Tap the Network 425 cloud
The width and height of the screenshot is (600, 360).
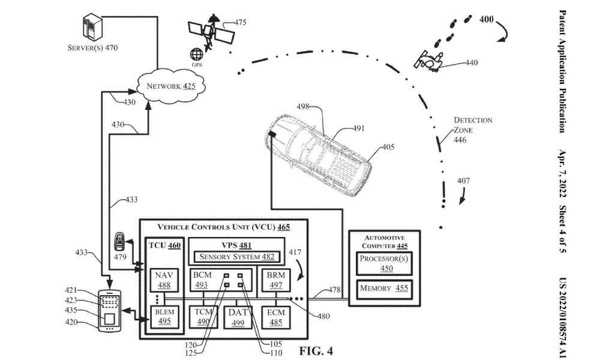tap(170, 86)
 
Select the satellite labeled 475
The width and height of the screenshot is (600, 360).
tap(211, 32)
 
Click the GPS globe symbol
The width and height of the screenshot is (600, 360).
tap(197, 55)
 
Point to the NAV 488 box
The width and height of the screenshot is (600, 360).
tap(164, 280)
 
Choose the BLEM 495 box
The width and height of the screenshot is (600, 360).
tap(164, 317)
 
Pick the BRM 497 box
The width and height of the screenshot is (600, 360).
tap(275, 280)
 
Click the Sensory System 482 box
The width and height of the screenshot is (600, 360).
tap(237, 257)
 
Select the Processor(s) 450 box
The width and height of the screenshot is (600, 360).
tap(384, 263)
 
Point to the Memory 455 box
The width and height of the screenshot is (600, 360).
tap(384, 289)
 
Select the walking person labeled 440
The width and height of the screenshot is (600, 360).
tap(430, 61)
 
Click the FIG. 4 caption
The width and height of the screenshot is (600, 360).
tap(316, 350)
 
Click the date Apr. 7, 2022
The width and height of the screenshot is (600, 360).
tap(562, 173)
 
